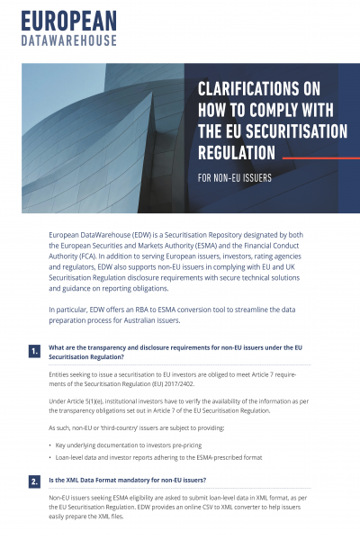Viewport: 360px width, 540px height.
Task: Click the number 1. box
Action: point(34,351)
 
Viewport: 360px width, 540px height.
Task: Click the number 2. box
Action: point(34,481)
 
